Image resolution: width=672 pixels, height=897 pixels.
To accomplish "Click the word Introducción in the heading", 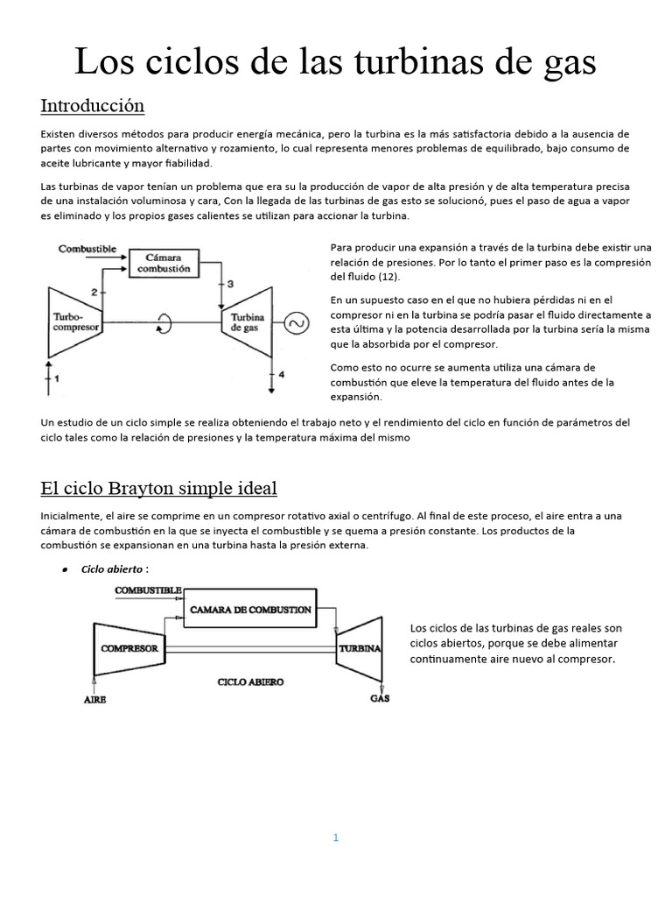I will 92,106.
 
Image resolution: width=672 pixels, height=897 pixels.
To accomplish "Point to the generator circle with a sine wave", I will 296,324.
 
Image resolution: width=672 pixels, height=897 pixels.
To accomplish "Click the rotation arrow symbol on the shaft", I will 164,324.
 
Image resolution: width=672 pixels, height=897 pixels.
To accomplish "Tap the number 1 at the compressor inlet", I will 56,378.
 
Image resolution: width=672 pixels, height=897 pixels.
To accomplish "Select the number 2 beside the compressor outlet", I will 93,291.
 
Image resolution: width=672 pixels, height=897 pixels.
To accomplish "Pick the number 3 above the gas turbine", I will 230,284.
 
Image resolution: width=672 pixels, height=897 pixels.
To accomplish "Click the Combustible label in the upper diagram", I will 87,249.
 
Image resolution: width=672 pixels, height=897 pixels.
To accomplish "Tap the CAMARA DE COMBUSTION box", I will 250,609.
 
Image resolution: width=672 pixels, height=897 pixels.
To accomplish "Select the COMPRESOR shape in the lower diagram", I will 129,649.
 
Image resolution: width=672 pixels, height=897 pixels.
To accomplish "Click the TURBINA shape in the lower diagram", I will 359,649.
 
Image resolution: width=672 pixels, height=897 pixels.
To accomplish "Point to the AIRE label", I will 96,699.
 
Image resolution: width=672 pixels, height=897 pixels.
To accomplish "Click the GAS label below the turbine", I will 380,698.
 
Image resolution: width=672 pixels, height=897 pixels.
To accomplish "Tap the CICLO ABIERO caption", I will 250,681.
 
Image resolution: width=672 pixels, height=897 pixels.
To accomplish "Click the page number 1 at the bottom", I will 335,837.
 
